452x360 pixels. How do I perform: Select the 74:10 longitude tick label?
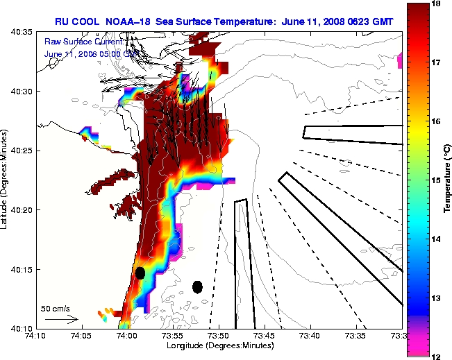pos(36,335)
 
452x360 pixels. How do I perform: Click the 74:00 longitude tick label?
pos(127,335)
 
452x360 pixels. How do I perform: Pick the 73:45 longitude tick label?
pos(264,335)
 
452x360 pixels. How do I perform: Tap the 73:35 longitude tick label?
pos(355,335)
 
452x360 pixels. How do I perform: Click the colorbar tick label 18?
pos(437,3)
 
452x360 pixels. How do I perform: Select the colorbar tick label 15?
pos(437,180)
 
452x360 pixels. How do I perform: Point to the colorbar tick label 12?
pos(437,356)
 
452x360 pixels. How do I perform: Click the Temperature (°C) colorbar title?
pos(449,180)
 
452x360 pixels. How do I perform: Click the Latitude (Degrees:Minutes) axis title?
pos(5,179)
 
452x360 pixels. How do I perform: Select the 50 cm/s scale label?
pos(56,308)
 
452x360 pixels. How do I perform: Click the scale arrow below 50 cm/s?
pos(61,320)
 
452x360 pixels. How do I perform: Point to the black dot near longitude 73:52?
pos(197,286)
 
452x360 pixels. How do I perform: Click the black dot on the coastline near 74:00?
pos(140,273)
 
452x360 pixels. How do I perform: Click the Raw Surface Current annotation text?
pos(78,42)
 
